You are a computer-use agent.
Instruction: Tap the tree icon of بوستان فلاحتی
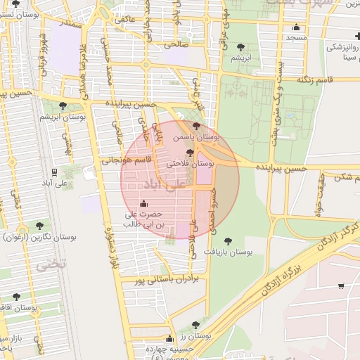point(190,152)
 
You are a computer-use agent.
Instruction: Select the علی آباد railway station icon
point(54,172)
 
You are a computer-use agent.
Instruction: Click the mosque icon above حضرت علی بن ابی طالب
point(144,204)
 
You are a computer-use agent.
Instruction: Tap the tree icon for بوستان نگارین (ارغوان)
point(39,226)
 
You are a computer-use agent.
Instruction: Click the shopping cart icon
point(341,286)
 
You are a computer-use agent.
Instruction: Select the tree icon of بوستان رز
point(195,325)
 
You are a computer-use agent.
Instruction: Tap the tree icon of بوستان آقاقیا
point(16,297)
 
